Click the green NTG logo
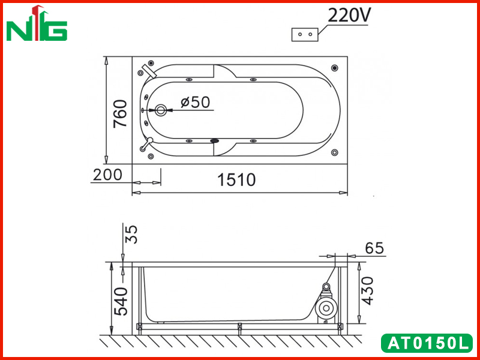pyautogui.click(x=37, y=23)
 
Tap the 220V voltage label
pyautogui.click(x=349, y=16)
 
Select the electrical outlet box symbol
pyautogui.click(x=305, y=34)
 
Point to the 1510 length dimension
pyautogui.click(x=236, y=179)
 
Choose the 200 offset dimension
pyautogui.click(x=107, y=175)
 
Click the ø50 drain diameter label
pyautogui.click(x=196, y=102)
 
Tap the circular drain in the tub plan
pyautogui.click(x=161, y=110)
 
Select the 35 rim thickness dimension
pyautogui.click(x=131, y=234)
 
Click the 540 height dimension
pyautogui.click(x=121, y=301)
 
